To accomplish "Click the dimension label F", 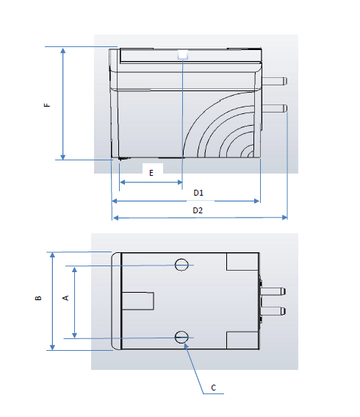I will (x=47, y=104).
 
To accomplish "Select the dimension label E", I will (x=151, y=173).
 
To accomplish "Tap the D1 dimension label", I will (x=198, y=193).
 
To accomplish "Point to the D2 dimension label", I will (x=198, y=210).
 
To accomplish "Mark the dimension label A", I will (x=65, y=298).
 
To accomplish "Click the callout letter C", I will (x=213, y=387).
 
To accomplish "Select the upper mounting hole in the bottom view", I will (x=182, y=265).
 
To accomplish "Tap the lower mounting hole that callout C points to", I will (x=182, y=337).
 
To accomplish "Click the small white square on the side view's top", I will (x=182, y=54).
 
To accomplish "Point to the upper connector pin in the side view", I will (x=275, y=79).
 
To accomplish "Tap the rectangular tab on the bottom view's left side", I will (x=137, y=301).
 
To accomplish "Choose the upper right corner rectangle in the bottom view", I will (x=241, y=262).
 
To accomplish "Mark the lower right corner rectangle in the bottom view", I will (x=241, y=340).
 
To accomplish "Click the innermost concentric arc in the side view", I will (x=251, y=155).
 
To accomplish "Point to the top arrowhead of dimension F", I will (x=63, y=51).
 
